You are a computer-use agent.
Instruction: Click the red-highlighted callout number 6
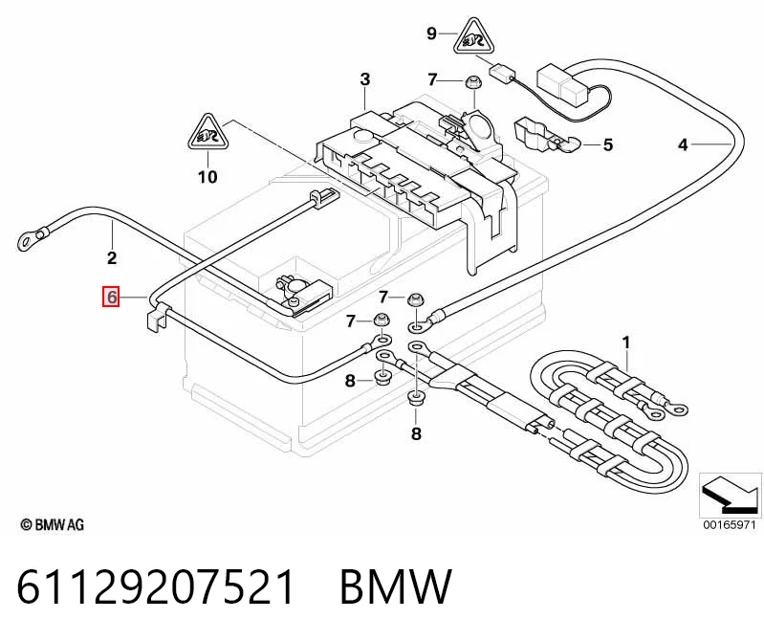[111, 297]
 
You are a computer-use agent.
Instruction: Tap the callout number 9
[431, 33]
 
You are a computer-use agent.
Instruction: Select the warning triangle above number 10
[208, 133]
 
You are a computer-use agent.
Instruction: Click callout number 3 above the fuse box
[365, 79]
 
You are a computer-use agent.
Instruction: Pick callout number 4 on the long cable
[683, 144]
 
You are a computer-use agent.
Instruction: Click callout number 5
[607, 144]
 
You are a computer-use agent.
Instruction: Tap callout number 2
[112, 257]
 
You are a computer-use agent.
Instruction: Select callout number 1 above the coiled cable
[626, 343]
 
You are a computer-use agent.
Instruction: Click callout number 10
[207, 176]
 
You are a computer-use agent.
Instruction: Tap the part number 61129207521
[156, 586]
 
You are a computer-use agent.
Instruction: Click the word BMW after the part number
[396, 586]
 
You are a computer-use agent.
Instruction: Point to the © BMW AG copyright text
[53, 524]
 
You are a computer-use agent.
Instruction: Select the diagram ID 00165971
[729, 524]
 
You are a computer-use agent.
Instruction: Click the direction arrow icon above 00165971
[730, 496]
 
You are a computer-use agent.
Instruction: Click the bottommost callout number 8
[416, 432]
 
